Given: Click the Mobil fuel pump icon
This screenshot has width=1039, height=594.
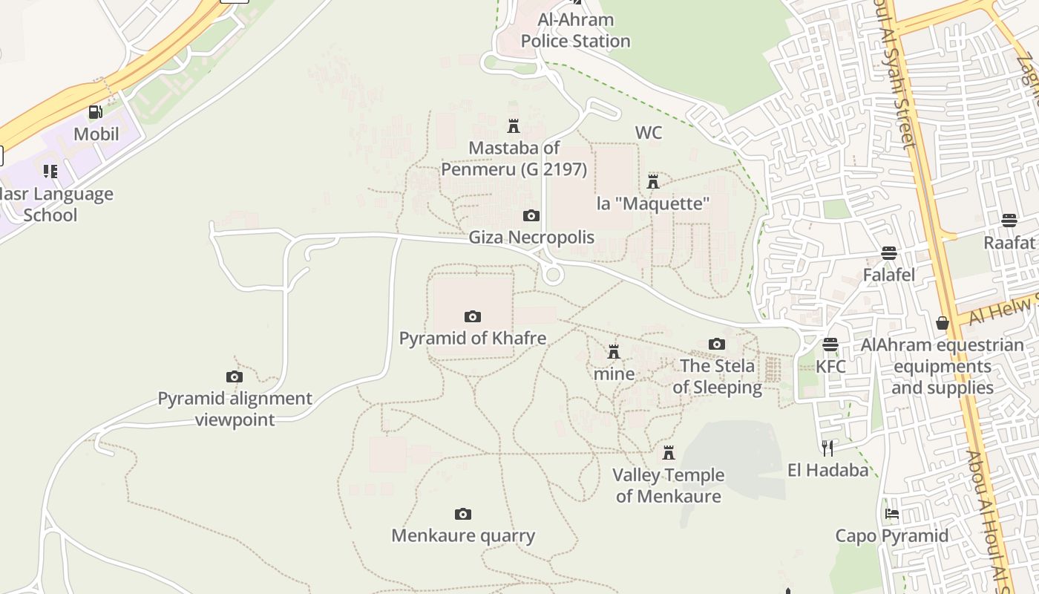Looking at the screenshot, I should (x=96, y=112).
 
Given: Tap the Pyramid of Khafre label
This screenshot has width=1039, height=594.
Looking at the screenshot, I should (x=473, y=339).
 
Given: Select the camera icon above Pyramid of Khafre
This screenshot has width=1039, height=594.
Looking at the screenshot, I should (x=473, y=317).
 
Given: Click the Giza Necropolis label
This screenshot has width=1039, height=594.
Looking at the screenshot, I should (x=531, y=237).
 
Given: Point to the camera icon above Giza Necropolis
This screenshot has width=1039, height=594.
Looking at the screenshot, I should (x=531, y=216).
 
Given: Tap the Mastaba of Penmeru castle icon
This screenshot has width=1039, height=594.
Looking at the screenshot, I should (x=514, y=125).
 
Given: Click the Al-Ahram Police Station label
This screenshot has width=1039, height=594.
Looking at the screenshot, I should (x=575, y=30).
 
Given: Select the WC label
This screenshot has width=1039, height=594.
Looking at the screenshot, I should (x=649, y=133).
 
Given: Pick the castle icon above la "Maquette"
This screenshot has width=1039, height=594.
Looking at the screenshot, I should (x=653, y=182).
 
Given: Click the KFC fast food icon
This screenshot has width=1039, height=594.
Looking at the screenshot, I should (x=830, y=345).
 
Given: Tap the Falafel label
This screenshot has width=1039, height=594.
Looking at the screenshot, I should (x=888, y=275).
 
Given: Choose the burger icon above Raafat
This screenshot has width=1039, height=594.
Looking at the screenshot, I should (x=1009, y=221).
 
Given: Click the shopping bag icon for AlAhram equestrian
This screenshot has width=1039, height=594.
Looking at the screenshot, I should (x=943, y=323).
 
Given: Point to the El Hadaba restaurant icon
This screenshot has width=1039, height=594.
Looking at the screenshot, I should (x=828, y=448).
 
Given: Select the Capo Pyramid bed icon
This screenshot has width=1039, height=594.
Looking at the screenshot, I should (x=892, y=514).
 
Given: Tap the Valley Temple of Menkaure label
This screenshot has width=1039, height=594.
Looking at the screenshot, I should (x=668, y=486).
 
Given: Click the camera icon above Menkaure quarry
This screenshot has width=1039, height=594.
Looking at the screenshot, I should (x=463, y=515).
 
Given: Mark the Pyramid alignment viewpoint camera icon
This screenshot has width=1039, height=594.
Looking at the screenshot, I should (x=235, y=377).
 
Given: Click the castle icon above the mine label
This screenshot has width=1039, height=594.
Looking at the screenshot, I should (x=614, y=352).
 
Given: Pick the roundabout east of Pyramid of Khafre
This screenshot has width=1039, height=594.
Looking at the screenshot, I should (x=552, y=275).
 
